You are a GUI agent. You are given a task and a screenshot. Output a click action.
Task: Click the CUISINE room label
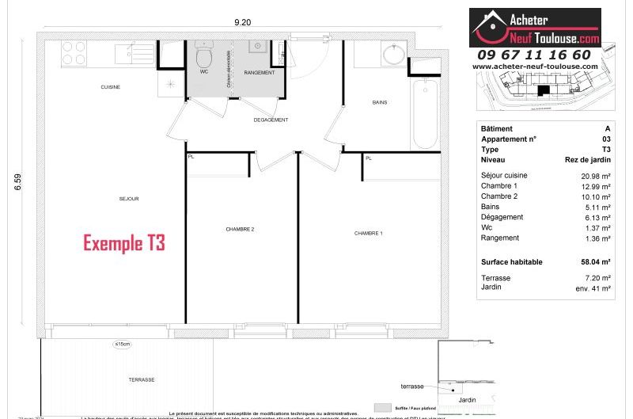pyautogui.click(x=110, y=86)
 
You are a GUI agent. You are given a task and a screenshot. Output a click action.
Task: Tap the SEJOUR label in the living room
pyautogui.click(x=128, y=199)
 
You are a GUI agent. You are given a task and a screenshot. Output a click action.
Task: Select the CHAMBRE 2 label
pyautogui.click(x=240, y=229)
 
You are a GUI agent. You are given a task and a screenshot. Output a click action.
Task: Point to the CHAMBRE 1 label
pyautogui.click(x=369, y=233)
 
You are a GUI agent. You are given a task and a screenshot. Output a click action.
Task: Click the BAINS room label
pyautogui.click(x=380, y=103)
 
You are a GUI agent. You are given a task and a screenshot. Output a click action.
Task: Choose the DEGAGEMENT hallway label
pyautogui.click(x=271, y=120)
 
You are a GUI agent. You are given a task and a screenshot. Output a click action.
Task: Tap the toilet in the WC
pyautogui.click(x=204, y=55)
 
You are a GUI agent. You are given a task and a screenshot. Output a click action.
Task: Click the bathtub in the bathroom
pyautogui.click(x=425, y=114)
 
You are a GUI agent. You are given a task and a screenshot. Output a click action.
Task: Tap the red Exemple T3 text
pyautogui.click(x=124, y=243)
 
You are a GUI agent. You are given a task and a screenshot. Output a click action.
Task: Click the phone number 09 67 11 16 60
pyautogui.click(x=534, y=55)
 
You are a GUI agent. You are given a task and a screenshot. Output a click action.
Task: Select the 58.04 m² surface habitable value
pyautogui.click(x=596, y=261)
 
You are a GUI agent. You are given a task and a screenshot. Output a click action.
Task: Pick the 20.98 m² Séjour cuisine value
pyautogui.click(x=596, y=176)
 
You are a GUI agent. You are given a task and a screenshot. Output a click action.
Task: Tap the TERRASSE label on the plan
pyautogui.click(x=141, y=380)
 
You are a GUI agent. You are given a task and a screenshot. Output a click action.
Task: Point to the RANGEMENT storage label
pyautogui.click(x=260, y=73)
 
